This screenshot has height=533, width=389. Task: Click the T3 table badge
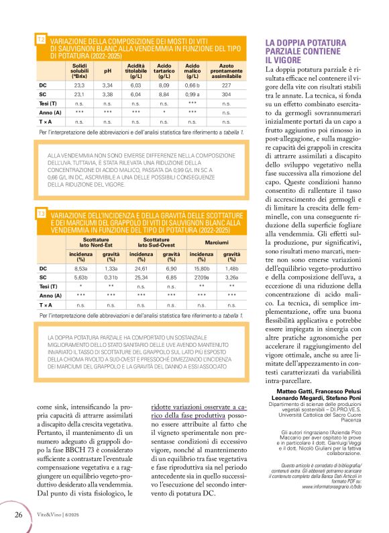(x=41, y=214)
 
